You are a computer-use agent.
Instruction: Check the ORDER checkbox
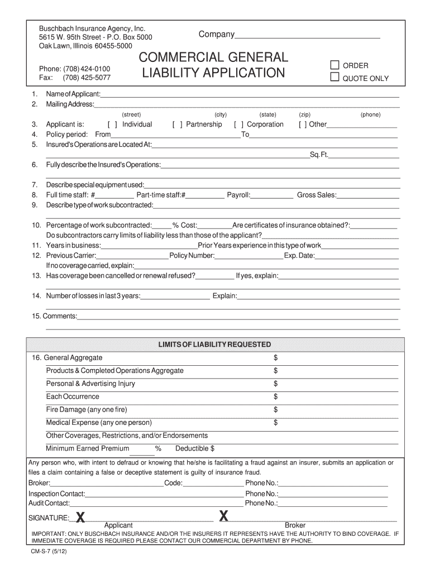[x=335, y=65]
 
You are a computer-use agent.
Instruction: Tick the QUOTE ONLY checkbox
[x=335, y=78]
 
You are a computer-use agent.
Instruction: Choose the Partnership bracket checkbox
[x=178, y=125]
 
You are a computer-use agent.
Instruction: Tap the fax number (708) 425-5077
[x=87, y=78]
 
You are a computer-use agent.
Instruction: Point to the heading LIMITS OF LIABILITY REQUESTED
[x=214, y=345]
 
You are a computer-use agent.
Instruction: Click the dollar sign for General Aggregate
[x=275, y=358]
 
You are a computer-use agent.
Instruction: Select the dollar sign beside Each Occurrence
[x=275, y=397]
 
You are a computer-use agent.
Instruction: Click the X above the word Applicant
[x=81, y=518]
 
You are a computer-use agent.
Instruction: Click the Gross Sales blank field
[x=369, y=195]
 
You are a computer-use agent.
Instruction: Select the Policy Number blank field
[x=249, y=256]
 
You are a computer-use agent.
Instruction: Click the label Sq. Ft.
[x=319, y=154]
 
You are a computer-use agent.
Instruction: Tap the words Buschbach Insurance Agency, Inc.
[x=92, y=28]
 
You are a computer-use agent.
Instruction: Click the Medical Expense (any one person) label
[x=99, y=423]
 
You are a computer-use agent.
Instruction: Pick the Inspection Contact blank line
[x=164, y=494]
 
